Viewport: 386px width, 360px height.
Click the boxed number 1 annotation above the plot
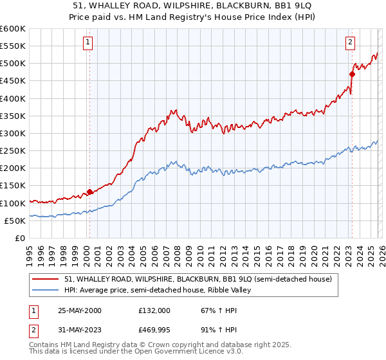[x=87, y=43]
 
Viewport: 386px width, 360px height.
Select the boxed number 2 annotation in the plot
[x=350, y=43]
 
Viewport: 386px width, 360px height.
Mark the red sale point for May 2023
[x=352, y=74]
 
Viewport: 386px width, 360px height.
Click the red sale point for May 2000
[x=90, y=192]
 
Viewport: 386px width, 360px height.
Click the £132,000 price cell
[x=154, y=310]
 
